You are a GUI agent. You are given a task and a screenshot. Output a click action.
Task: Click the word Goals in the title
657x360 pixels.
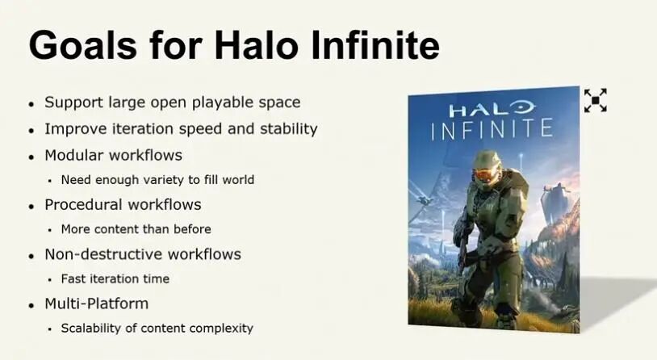[83, 45]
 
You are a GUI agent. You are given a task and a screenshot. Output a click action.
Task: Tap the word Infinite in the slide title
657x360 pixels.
[375, 45]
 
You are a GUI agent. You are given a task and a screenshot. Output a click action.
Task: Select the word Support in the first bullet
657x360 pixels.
[73, 103]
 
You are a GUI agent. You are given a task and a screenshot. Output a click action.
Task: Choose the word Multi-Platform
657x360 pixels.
[97, 303]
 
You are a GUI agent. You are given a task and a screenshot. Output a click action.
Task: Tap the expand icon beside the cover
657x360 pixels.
[596, 101]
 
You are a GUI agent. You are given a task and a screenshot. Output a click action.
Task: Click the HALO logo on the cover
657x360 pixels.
[492, 110]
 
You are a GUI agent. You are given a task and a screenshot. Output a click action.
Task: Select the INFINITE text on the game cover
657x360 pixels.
[492, 129]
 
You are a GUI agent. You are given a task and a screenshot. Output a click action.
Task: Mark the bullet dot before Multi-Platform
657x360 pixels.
[31, 306]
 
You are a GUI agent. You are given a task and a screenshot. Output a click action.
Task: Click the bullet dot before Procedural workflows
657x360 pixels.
[31, 207]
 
